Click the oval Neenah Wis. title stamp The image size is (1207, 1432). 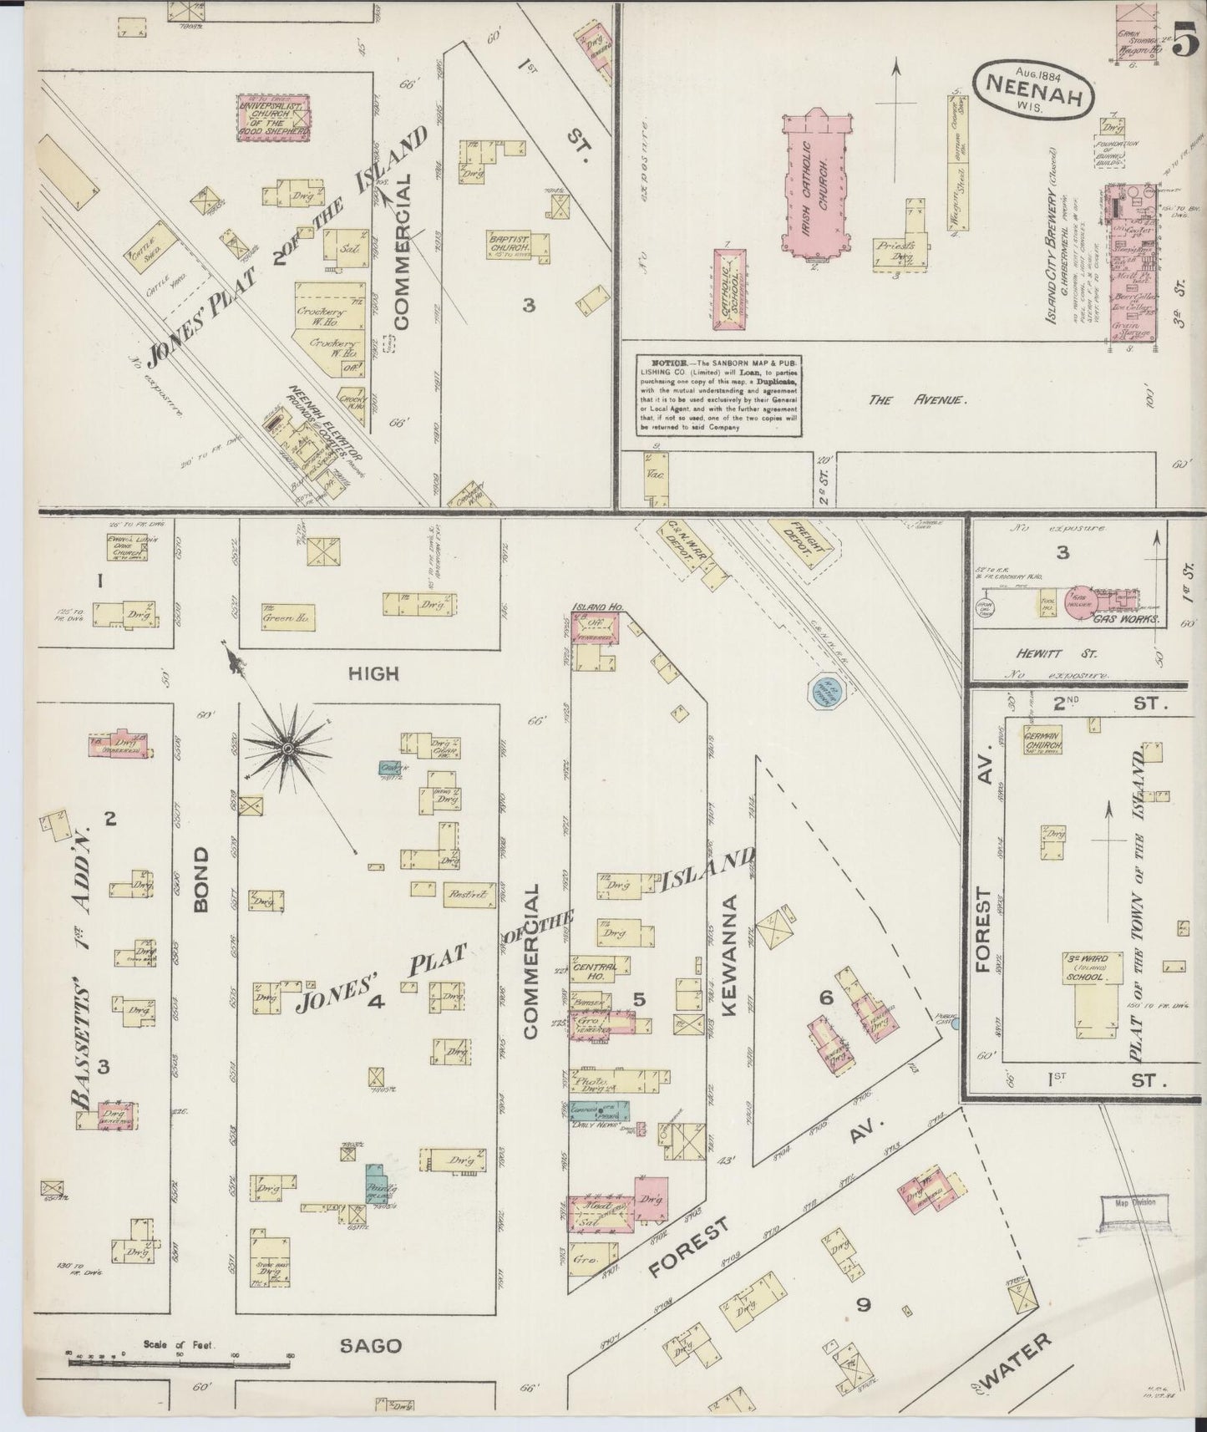pos(1033,87)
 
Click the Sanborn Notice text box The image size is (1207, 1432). pos(718,395)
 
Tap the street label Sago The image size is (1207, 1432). pos(371,1346)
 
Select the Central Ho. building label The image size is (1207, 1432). pos(596,970)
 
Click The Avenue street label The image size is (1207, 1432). pos(917,400)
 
